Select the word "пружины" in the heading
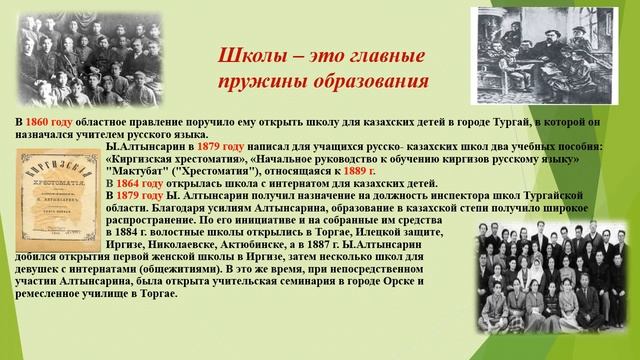coord(261,80)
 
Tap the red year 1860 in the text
coord(54,122)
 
